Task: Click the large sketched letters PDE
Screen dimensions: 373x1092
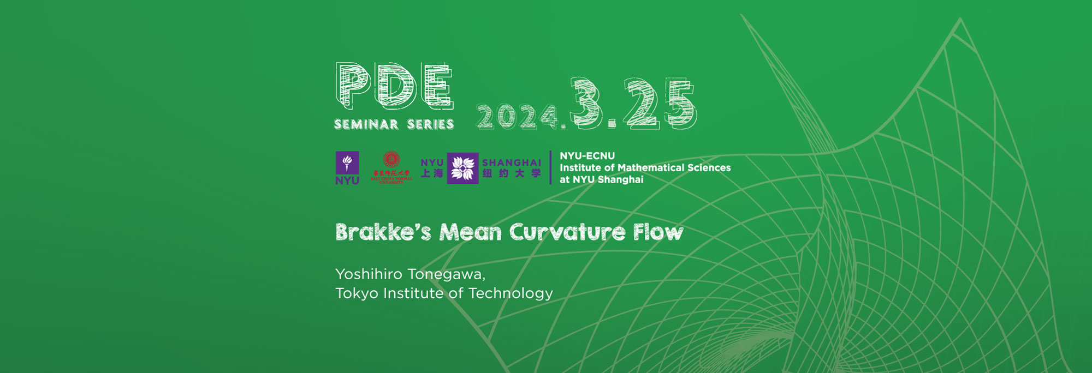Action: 394,86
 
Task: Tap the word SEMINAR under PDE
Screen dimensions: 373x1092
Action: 366,124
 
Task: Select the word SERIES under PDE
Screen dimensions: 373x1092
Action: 431,124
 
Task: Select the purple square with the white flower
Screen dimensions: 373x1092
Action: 462,168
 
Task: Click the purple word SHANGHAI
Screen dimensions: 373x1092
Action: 512,163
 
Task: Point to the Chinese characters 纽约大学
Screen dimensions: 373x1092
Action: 512,173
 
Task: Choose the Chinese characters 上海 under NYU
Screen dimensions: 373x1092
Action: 432,173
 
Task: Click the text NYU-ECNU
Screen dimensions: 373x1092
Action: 587,156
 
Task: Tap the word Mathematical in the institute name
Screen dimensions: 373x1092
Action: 651,168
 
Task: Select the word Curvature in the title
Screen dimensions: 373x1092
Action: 567,232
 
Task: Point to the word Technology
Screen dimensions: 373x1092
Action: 511,293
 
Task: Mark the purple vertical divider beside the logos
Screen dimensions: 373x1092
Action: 550,167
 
